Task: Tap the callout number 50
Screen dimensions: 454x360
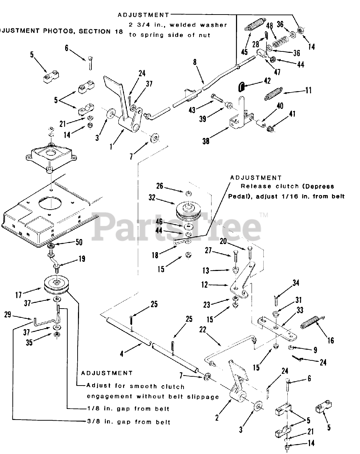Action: tap(79, 242)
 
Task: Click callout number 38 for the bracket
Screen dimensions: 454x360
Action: tap(206, 141)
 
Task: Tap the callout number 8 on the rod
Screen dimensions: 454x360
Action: tap(195, 62)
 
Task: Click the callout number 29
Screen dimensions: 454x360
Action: tap(7, 314)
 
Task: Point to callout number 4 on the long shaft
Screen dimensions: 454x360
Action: tap(122, 354)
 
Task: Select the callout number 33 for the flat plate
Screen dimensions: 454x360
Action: tap(300, 310)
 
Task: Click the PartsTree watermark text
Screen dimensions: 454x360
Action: tap(177, 225)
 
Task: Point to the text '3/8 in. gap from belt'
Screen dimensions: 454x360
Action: tap(129, 422)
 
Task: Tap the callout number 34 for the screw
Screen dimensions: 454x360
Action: tap(296, 283)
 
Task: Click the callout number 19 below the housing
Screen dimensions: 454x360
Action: tap(82, 259)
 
